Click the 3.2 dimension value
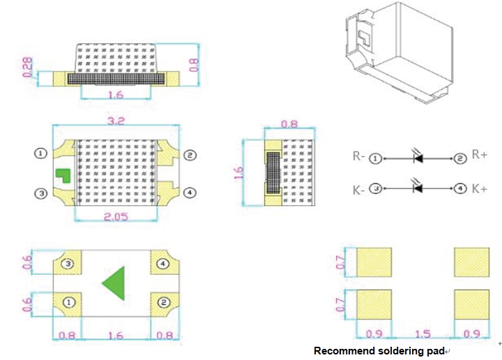116,121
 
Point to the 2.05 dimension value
116,217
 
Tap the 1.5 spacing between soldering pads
423,335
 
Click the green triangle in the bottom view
115,283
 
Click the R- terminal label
359,157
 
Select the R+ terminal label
480,155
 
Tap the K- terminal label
359,189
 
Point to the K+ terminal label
480,188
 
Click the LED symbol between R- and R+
418,157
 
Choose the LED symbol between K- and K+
418,188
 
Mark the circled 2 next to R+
460,158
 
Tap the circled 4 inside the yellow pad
162,264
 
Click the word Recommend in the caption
339,351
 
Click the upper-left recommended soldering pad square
374,262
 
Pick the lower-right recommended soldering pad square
471,304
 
